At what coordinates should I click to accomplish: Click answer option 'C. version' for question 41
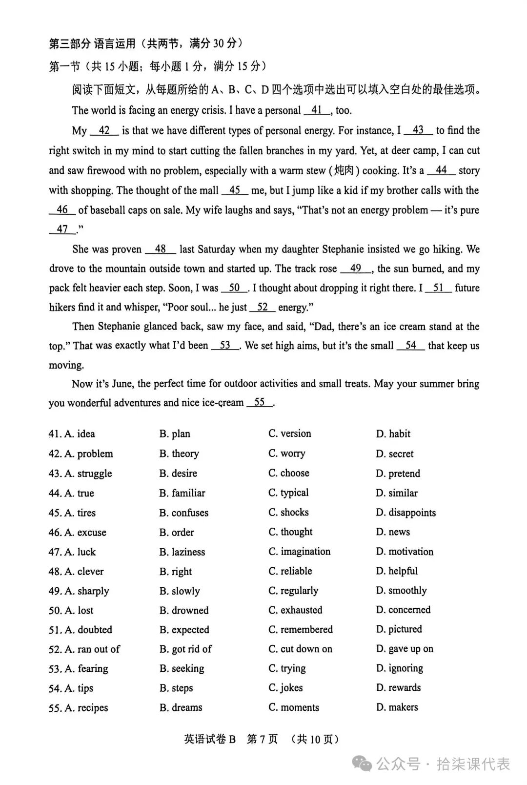click(x=289, y=434)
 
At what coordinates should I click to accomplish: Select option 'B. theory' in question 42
click(x=179, y=454)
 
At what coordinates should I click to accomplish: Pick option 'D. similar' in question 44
click(x=396, y=493)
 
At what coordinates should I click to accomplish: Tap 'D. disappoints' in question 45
click(x=405, y=513)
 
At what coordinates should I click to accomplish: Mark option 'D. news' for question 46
click(x=393, y=532)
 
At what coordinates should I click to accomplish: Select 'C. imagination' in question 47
click(x=299, y=552)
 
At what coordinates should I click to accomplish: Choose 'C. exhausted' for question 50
click(x=295, y=610)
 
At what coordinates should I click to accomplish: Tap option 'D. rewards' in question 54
click(x=398, y=688)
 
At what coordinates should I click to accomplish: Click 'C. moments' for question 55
click(x=293, y=707)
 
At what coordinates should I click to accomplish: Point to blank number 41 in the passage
click(x=317, y=110)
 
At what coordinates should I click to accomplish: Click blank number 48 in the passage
click(x=161, y=249)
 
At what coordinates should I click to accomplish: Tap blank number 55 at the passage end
click(x=260, y=403)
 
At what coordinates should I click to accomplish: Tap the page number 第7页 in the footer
click(x=262, y=739)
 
